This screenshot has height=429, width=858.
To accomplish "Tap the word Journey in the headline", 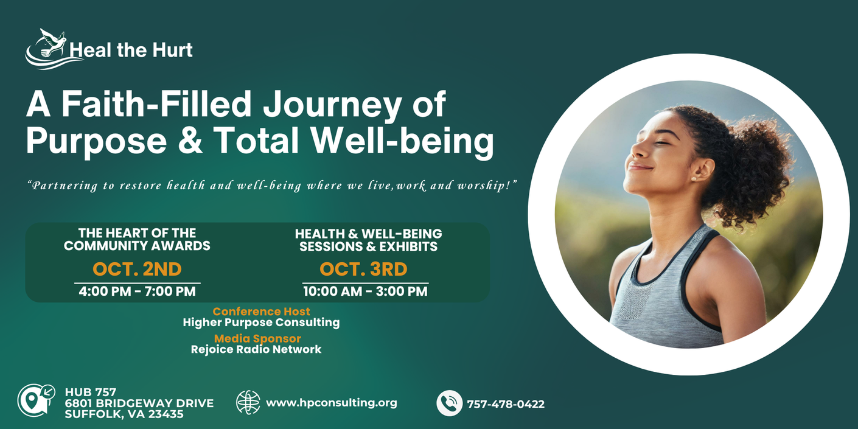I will click(x=332, y=104).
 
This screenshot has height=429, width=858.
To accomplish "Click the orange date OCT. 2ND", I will click(x=137, y=269).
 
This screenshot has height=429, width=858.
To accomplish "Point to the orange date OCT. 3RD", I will click(x=364, y=269).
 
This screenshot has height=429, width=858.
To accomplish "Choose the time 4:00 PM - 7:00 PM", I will click(x=137, y=291).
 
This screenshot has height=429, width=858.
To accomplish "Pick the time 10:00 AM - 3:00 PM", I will click(x=365, y=291).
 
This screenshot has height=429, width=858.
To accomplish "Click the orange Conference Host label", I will click(x=261, y=312).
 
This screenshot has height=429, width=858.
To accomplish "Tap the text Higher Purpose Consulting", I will click(x=261, y=323).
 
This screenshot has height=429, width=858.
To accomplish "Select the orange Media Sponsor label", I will click(x=257, y=338).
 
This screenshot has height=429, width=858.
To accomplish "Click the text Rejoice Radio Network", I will click(x=256, y=349).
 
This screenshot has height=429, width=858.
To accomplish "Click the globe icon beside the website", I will click(x=248, y=402).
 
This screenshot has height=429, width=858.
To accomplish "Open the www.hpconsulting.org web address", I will click(x=332, y=403).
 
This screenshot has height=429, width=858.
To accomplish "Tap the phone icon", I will click(x=449, y=403).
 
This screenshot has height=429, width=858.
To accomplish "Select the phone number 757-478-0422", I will click(x=506, y=404).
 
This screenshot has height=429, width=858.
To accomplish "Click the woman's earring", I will click(x=693, y=178).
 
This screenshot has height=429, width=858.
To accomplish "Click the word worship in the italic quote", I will click(x=483, y=186).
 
